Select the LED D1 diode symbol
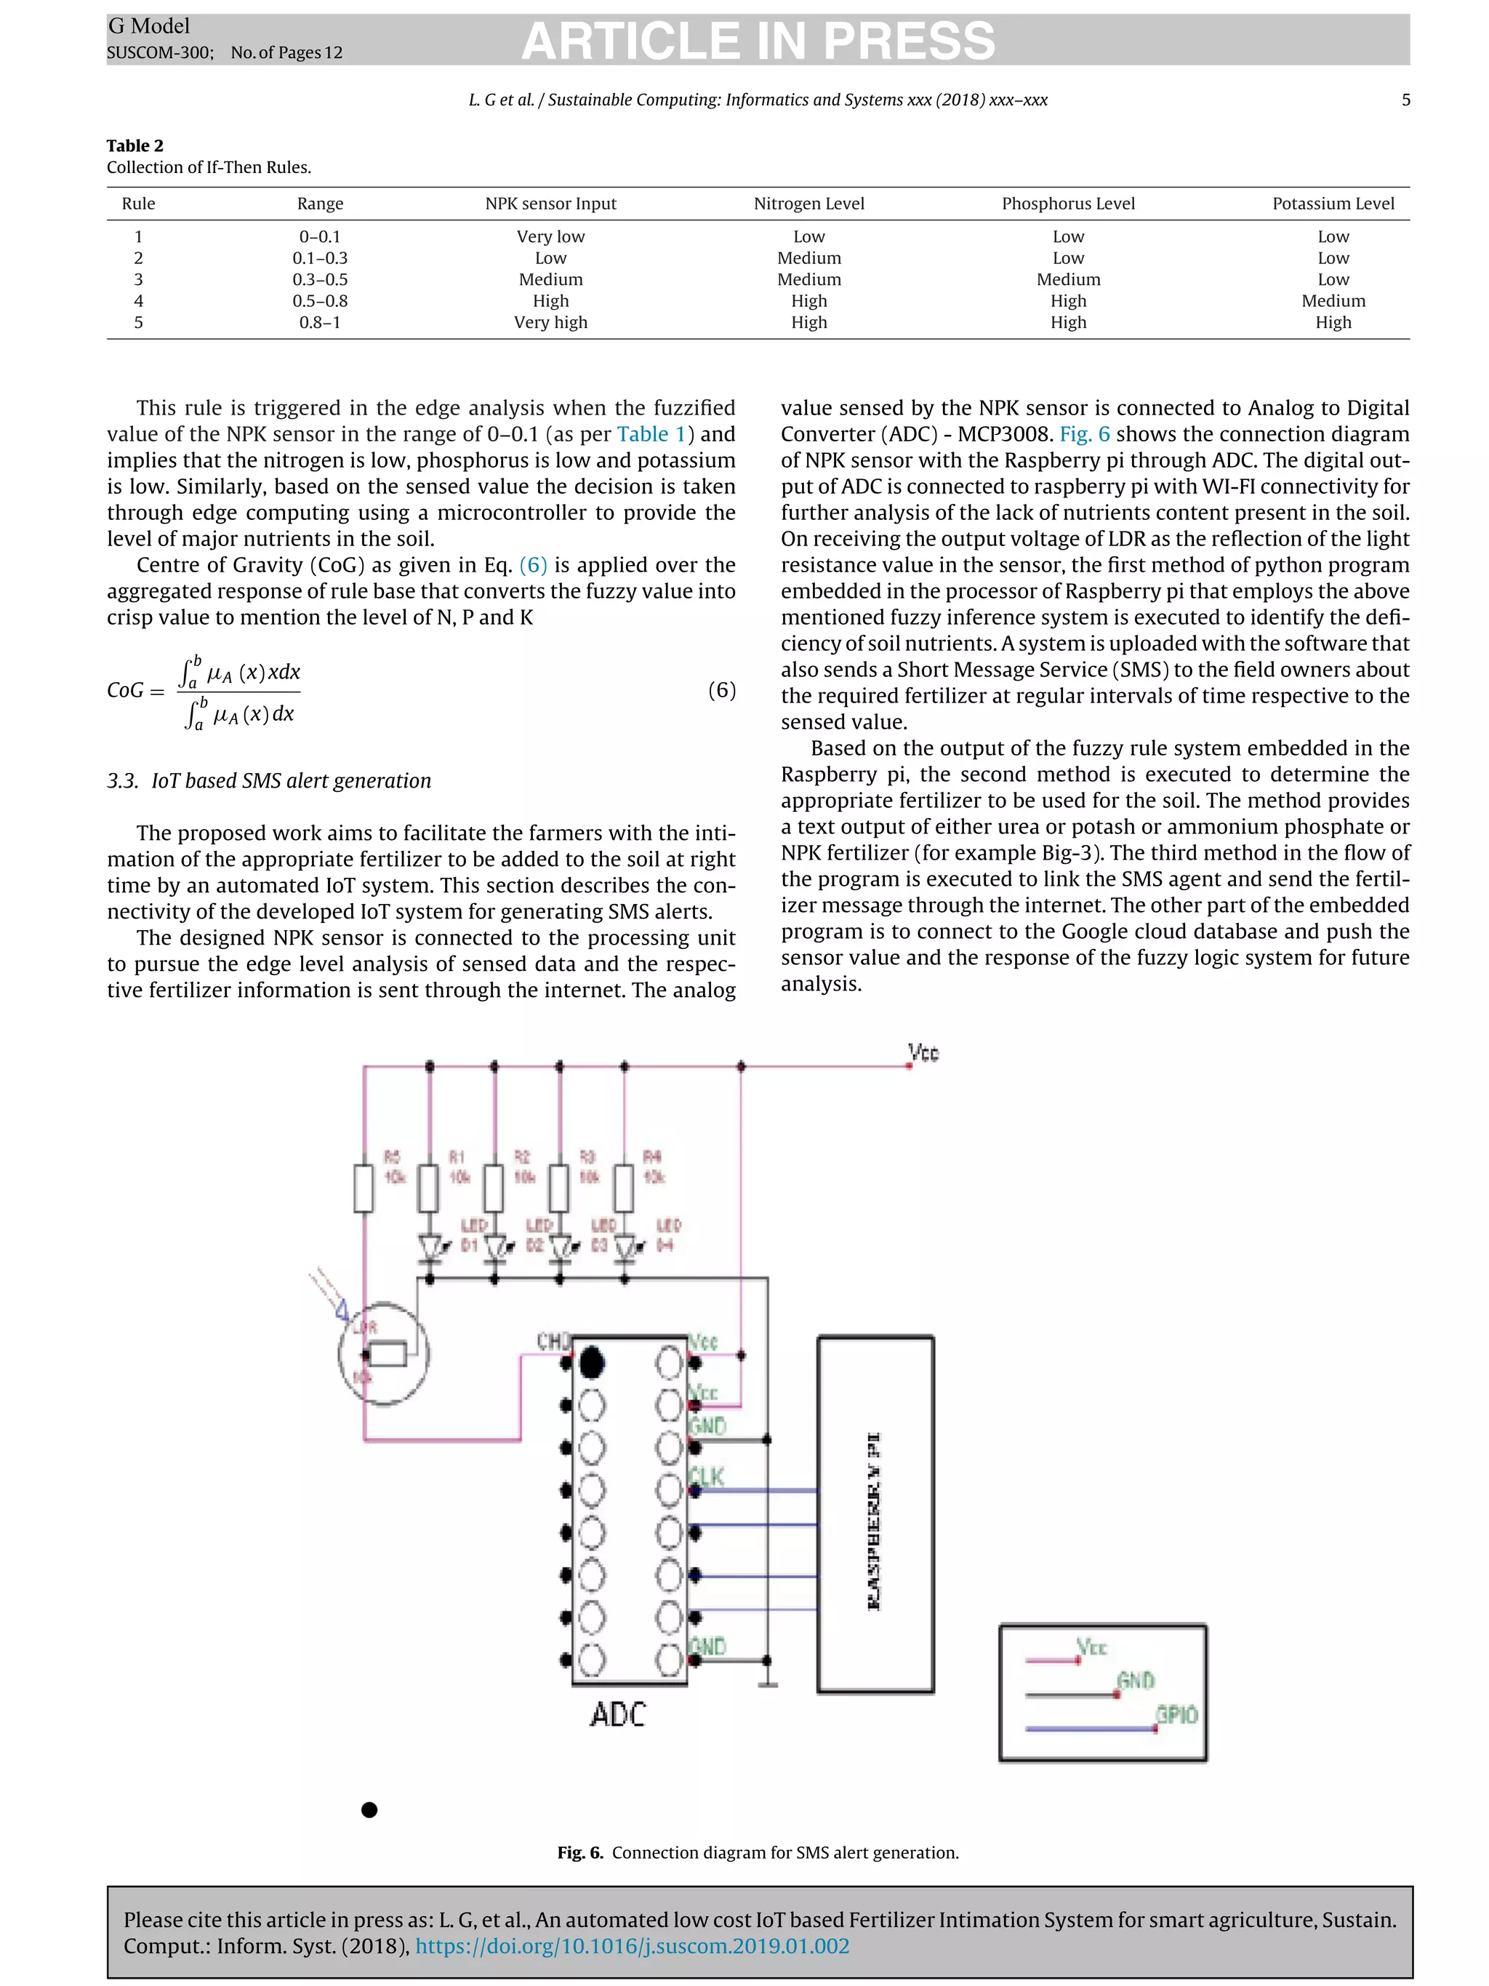(430, 1247)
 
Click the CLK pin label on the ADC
(707, 1477)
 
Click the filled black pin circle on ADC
(592, 1363)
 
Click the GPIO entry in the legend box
(1176, 1715)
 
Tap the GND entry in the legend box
(1136, 1681)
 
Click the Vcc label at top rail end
(923, 1052)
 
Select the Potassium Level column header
(1332, 204)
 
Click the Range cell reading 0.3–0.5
(319, 279)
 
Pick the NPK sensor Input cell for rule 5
(550, 322)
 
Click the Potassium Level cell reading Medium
(1333, 301)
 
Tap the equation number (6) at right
(722, 689)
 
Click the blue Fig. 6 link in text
(1084, 433)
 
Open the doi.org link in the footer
(632, 1945)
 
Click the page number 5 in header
(1405, 100)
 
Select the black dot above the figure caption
(369, 1809)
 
